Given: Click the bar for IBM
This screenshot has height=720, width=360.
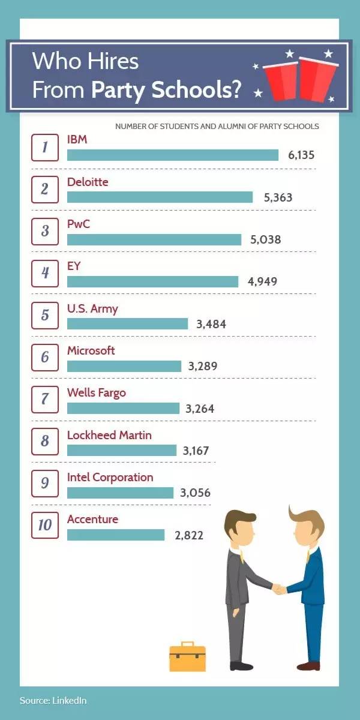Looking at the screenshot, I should tap(173, 155).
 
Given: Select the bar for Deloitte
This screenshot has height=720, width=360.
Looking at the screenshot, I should tap(160, 197).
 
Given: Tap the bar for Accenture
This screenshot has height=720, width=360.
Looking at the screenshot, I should tap(115, 535).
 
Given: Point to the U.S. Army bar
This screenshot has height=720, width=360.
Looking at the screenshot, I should tap(127, 324).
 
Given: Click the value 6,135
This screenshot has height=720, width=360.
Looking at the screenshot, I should tap(301, 155).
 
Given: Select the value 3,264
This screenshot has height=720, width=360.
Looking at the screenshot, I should tap(200, 409).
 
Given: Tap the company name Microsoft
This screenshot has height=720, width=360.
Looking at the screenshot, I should tap(91, 350).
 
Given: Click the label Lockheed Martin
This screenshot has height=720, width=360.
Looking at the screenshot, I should tap(109, 435).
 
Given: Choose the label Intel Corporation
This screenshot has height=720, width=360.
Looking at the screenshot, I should tap(110, 478).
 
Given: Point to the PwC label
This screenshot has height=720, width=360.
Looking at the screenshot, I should tap(79, 224).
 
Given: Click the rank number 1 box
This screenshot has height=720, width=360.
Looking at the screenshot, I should tap(45, 148).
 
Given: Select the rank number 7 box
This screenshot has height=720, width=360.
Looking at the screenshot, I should tap(45, 400).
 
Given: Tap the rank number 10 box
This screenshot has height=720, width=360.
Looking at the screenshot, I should tap(45, 526).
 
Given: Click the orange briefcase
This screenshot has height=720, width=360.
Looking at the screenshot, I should tap(187, 658).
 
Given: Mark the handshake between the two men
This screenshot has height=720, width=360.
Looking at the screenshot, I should tap(279, 589).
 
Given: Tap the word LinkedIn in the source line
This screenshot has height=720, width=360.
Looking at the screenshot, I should tap(70, 700).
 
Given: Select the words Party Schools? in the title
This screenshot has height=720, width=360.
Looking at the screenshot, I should tap(167, 89).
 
